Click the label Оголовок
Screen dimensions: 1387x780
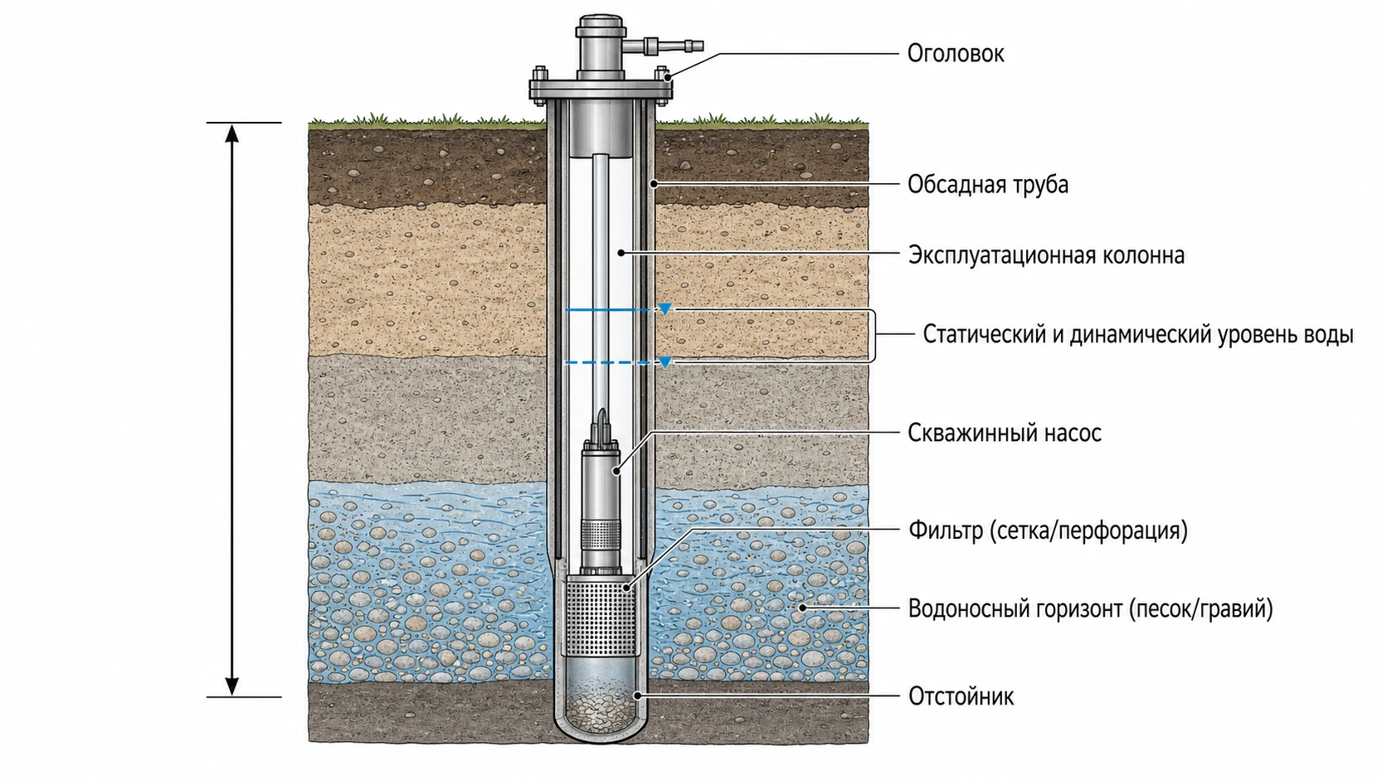coord(956,54)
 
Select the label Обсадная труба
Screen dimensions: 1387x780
coord(988,184)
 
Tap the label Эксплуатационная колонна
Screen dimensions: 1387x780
coord(1046,254)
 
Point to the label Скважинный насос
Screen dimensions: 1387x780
coord(1005,433)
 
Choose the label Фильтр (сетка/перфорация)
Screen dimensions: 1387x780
coord(1048,530)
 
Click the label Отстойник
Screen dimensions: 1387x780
coord(961,696)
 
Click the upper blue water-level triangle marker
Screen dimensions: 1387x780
coord(664,308)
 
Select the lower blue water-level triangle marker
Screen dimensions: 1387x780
coord(664,362)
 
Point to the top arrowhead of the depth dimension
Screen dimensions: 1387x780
coord(231,132)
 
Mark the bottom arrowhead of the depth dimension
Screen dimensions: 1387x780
coord(231,686)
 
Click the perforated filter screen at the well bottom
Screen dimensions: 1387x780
coord(600,616)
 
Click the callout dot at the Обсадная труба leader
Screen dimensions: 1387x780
coord(654,184)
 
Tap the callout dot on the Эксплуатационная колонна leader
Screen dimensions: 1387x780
coord(621,253)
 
